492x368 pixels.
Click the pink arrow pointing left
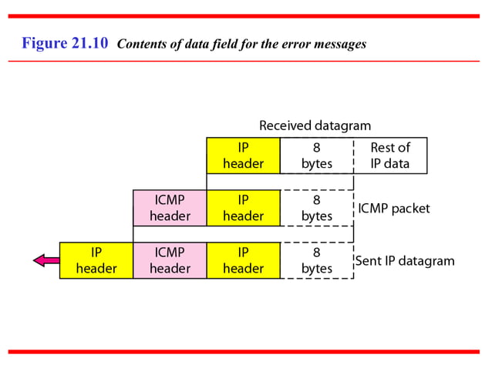pyautogui.click(x=45, y=260)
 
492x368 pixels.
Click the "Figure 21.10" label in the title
pyautogui.click(x=66, y=43)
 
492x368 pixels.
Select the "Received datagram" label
pyautogui.click(x=315, y=125)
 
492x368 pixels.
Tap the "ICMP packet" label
pyautogui.click(x=393, y=209)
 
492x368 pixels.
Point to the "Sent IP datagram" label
pyautogui.click(x=404, y=261)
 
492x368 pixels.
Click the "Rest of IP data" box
pyautogui.click(x=389, y=156)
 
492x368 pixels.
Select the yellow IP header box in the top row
pyautogui.click(x=243, y=156)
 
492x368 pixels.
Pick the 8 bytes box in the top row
pyautogui.click(x=316, y=156)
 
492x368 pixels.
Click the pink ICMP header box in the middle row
pyautogui.click(x=170, y=208)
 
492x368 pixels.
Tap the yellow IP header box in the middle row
pyautogui.click(x=243, y=208)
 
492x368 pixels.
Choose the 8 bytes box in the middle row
pyautogui.click(x=316, y=208)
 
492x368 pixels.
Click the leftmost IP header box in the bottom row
pyautogui.click(x=96, y=260)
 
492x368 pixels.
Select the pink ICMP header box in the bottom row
pyautogui.click(x=170, y=260)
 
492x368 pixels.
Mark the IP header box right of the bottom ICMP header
pyautogui.click(x=243, y=260)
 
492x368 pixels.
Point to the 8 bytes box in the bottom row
pyautogui.click(x=316, y=260)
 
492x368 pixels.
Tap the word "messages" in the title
pyautogui.click(x=339, y=45)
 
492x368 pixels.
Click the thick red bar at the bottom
pyautogui.click(x=245, y=352)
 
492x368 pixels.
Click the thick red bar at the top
pyautogui.click(x=245, y=16)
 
